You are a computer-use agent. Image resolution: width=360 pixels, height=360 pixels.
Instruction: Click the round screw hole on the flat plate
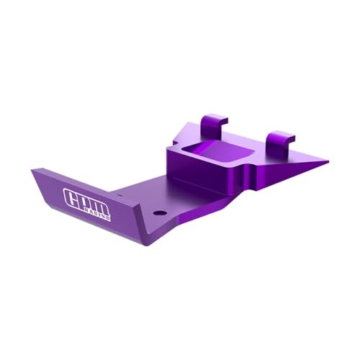click(159, 213)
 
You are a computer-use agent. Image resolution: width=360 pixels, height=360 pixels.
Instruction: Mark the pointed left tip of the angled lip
click(32, 171)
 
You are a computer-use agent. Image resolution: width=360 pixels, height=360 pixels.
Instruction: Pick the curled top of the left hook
click(210, 115)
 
